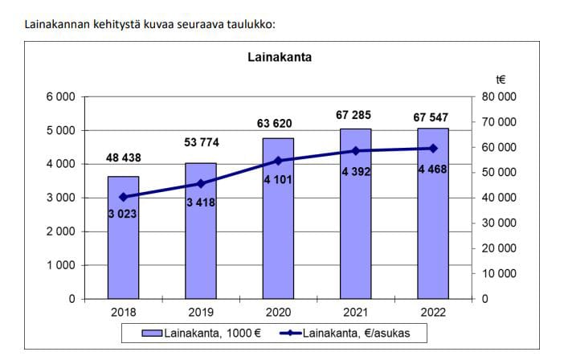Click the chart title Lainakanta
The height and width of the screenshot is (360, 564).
click(279, 57)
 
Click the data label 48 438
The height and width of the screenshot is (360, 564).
click(124, 157)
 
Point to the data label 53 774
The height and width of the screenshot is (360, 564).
click(201, 143)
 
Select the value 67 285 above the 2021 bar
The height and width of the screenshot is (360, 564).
click(355, 116)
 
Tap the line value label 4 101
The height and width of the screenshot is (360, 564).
click(278, 179)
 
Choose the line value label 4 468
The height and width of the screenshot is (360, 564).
click(433, 169)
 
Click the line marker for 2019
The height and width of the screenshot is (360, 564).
click(201, 183)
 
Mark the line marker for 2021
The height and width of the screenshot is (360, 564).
click(355, 150)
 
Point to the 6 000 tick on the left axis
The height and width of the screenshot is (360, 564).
click(59, 96)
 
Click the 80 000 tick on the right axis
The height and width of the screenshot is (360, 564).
click(499, 96)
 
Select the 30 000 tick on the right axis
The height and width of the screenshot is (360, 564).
click(499, 223)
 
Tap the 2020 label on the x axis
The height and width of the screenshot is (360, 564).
click(278, 312)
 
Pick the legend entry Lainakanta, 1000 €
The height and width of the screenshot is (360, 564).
click(204, 332)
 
